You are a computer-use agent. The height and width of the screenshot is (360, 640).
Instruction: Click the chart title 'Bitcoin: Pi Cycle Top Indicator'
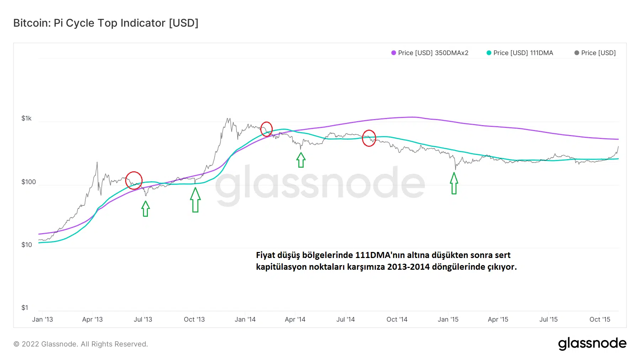click(106, 23)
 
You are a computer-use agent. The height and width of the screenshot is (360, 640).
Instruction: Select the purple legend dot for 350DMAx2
click(394, 53)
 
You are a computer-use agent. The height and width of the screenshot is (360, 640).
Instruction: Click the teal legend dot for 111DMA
click(489, 53)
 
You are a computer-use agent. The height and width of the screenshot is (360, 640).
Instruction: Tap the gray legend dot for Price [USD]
click(577, 53)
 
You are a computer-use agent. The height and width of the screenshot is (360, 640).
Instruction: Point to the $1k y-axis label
click(27, 118)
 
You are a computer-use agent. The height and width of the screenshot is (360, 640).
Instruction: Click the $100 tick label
click(28, 182)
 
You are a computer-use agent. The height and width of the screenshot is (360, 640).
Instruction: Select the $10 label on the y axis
click(27, 245)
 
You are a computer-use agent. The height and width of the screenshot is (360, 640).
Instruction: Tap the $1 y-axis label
click(25, 308)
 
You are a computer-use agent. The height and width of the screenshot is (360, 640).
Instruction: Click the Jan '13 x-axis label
click(42, 319)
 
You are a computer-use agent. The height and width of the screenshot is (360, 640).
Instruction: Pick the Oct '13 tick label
click(194, 319)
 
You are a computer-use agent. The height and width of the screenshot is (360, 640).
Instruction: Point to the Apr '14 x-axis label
click(295, 319)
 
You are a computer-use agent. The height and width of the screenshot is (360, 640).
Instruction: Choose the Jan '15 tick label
click(448, 319)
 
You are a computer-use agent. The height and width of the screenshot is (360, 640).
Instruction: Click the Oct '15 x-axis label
click(600, 319)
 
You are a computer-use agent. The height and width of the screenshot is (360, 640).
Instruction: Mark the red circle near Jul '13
click(134, 181)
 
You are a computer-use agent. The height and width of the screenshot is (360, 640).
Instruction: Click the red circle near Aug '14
click(369, 138)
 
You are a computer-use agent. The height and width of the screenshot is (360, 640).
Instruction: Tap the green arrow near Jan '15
click(454, 183)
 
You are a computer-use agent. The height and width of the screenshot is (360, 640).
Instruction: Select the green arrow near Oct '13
click(195, 200)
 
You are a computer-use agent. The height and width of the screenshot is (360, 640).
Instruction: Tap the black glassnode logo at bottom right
click(592, 344)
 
